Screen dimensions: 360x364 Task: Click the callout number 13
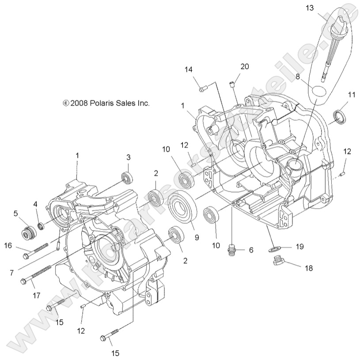coord(309,8)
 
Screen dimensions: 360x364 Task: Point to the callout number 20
coord(245,67)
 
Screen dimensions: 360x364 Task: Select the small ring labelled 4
coord(41,226)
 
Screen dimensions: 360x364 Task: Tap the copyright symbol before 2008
coord(65,103)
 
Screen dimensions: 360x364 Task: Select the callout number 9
coord(197,237)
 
